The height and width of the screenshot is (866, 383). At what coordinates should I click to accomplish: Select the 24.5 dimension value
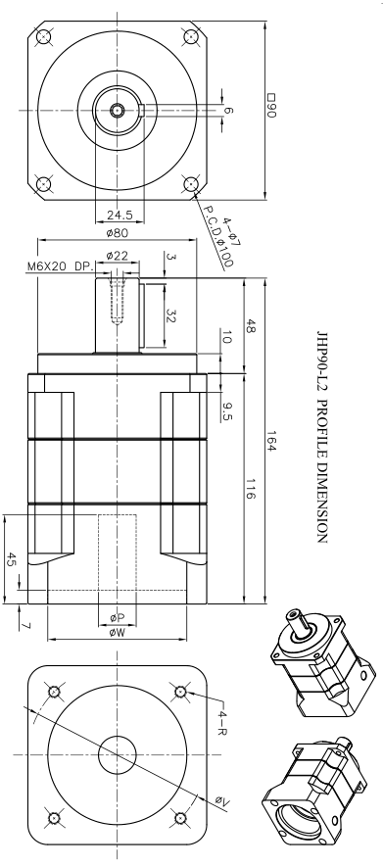click(119, 215)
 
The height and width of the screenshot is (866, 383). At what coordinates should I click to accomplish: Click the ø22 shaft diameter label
click(118, 256)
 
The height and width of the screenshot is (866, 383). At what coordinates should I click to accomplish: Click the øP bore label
click(117, 619)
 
